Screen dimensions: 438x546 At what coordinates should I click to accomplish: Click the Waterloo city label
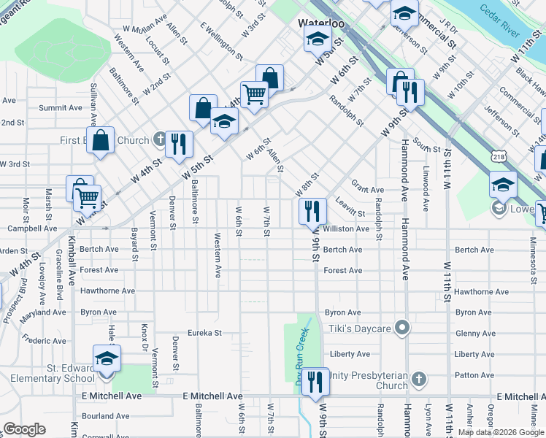[315, 23]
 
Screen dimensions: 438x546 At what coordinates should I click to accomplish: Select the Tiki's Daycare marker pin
[401, 326]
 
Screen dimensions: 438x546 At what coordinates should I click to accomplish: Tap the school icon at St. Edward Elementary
[107, 359]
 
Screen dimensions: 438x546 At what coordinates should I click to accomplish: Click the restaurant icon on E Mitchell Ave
[315, 381]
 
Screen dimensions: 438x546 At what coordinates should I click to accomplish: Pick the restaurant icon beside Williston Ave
[312, 212]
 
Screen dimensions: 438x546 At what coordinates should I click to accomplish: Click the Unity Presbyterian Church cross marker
[418, 379]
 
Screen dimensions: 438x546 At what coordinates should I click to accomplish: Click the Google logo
[24, 429]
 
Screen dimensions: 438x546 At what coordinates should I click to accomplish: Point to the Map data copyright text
[499, 432]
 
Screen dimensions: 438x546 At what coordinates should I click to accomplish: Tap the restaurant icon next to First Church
[179, 144]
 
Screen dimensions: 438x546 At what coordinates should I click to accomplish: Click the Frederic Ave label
[44, 340]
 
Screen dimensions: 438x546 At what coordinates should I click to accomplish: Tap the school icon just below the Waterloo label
[318, 40]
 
